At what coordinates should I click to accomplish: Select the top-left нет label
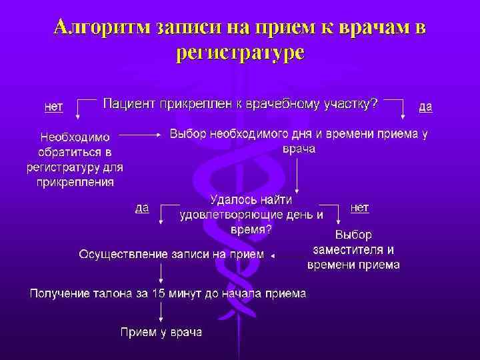click(53, 105)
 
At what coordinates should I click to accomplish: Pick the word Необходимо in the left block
click(75, 138)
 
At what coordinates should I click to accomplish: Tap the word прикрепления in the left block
click(75, 181)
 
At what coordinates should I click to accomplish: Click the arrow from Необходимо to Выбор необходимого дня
click(142, 134)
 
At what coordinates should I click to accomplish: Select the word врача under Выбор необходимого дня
click(299, 148)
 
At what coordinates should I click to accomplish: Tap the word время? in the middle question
click(251, 229)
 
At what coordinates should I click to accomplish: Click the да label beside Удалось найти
click(142, 207)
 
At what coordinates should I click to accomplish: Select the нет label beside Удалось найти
click(359, 207)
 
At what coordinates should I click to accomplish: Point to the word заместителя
click(353, 250)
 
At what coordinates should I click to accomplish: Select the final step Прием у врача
click(161, 331)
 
